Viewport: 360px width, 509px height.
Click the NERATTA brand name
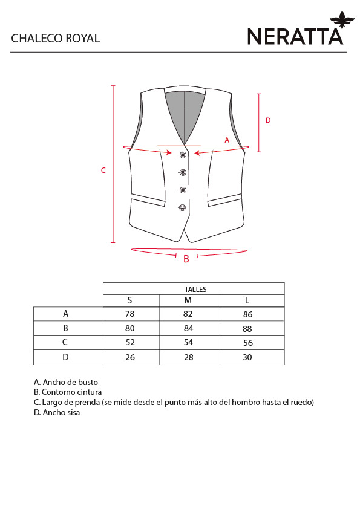tap(295, 36)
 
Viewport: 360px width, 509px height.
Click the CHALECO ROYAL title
tap(56, 38)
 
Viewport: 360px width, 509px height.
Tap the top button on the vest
tap(183, 155)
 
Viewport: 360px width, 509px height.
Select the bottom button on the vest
tap(182, 207)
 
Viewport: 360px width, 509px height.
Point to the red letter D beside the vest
tap(268, 120)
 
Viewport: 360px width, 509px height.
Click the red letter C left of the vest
tap(103, 170)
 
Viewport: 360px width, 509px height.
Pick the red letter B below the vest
tap(186, 259)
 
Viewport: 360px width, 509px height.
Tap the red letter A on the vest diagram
tap(227, 140)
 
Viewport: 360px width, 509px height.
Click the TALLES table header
tap(195, 289)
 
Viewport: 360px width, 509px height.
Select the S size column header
tap(129, 300)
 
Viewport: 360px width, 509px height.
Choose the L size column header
tap(247, 300)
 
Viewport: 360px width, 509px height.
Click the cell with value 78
tap(129, 314)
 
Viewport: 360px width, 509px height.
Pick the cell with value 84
tap(188, 328)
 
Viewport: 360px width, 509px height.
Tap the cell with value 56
tap(248, 343)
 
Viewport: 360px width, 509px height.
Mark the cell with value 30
tap(247, 357)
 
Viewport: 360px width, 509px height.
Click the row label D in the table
tap(65, 357)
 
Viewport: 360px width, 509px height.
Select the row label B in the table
tap(65, 328)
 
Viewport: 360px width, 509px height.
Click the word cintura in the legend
tap(88, 392)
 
